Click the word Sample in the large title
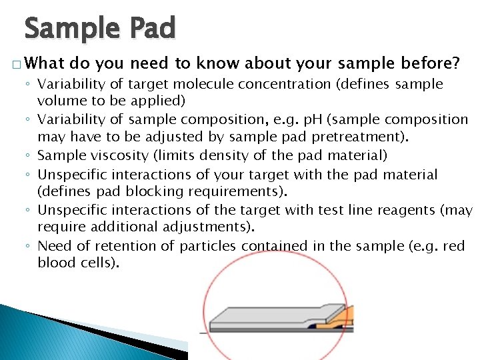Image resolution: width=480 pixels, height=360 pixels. pos(72,29)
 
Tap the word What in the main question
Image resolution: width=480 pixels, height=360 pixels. pos(45,64)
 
